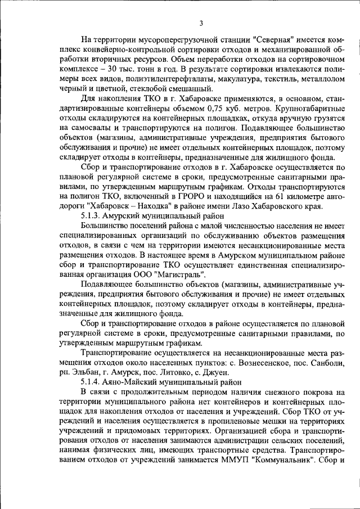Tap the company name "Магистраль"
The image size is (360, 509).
click(182, 273)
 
